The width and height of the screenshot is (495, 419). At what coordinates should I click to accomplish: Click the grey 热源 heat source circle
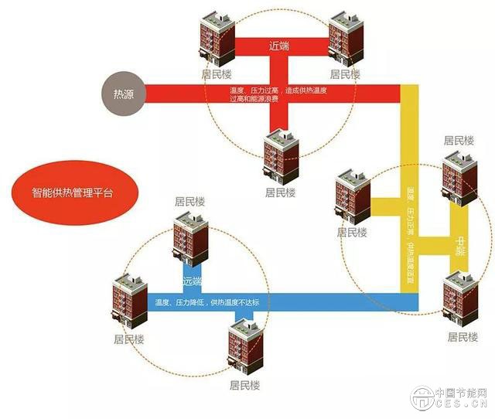click(x=123, y=94)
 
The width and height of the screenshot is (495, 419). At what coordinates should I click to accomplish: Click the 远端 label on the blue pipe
click(x=192, y=280)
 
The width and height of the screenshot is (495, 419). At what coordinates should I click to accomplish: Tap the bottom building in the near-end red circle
click(x=281, y=155)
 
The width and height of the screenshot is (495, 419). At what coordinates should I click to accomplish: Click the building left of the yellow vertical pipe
click(x=353, y=196)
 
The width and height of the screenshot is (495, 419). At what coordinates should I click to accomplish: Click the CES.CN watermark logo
click(x=449, y=397)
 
